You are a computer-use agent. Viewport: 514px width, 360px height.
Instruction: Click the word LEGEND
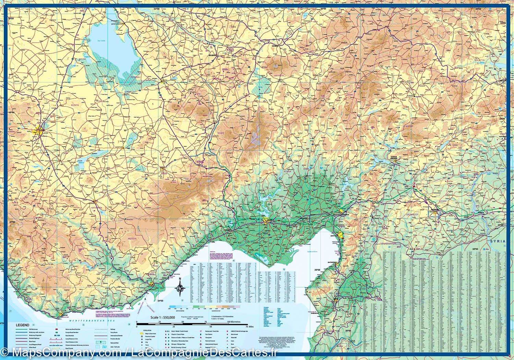tap(23, 324)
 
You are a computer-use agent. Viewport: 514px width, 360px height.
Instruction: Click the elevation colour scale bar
tap(205, 307)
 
